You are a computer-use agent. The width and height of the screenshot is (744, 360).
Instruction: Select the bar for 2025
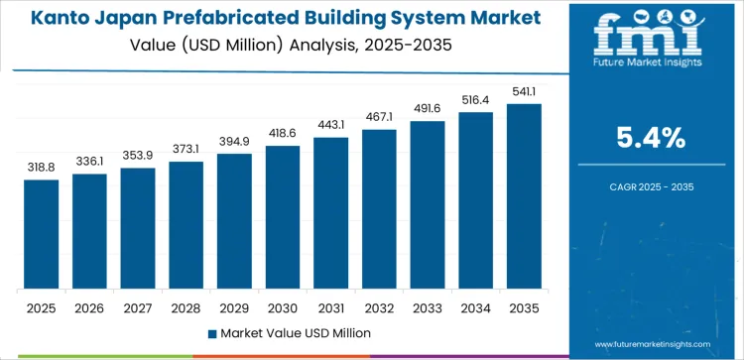click(x=42, y=234)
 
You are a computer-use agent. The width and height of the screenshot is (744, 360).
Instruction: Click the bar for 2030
click(x=283, y=217)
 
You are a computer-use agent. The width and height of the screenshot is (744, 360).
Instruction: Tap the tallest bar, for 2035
click(x=524, y=196)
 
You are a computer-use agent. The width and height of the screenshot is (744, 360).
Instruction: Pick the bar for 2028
click(x=186, y=225)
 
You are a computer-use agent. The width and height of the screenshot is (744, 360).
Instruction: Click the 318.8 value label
click(x=42, y=167)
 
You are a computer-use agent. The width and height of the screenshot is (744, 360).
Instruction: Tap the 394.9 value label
click(x=235, y=141)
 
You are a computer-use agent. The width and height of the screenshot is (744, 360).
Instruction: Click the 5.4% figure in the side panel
click(x=652, y=139)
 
